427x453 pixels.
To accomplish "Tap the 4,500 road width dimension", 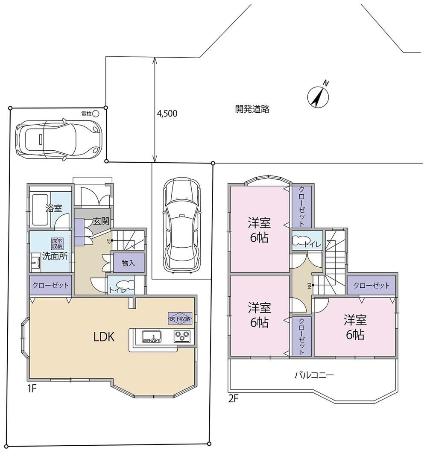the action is (x=167, y=114).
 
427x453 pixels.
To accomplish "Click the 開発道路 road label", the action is (x=252, y=109).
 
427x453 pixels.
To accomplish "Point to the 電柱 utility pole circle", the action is (x=96, y=114).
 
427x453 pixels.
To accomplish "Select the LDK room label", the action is (x=104, y=337).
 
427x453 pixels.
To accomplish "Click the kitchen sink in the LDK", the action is (x=152, y=337).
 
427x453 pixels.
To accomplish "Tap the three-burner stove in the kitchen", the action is (x=182, y=337).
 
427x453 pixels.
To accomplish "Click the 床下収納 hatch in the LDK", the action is (x=180, y=319).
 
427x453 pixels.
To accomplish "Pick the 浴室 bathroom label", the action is (x=54, y=208).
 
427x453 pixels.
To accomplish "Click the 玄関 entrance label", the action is (x=101, y=221).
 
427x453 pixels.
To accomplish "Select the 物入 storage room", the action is (x=128, y=263).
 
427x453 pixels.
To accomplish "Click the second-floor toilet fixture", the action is (x=299, y=241).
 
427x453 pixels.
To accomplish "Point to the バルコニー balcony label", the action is (x=314, y=375).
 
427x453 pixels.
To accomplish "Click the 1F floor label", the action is (x=32, y=389).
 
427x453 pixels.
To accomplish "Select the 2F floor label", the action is (x=233, y=399).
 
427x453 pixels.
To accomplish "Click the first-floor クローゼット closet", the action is (x=50, y=285).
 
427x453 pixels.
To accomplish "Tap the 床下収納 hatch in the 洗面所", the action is (x=57, y=243).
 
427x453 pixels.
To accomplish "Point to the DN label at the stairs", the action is (x=309, y=286).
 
